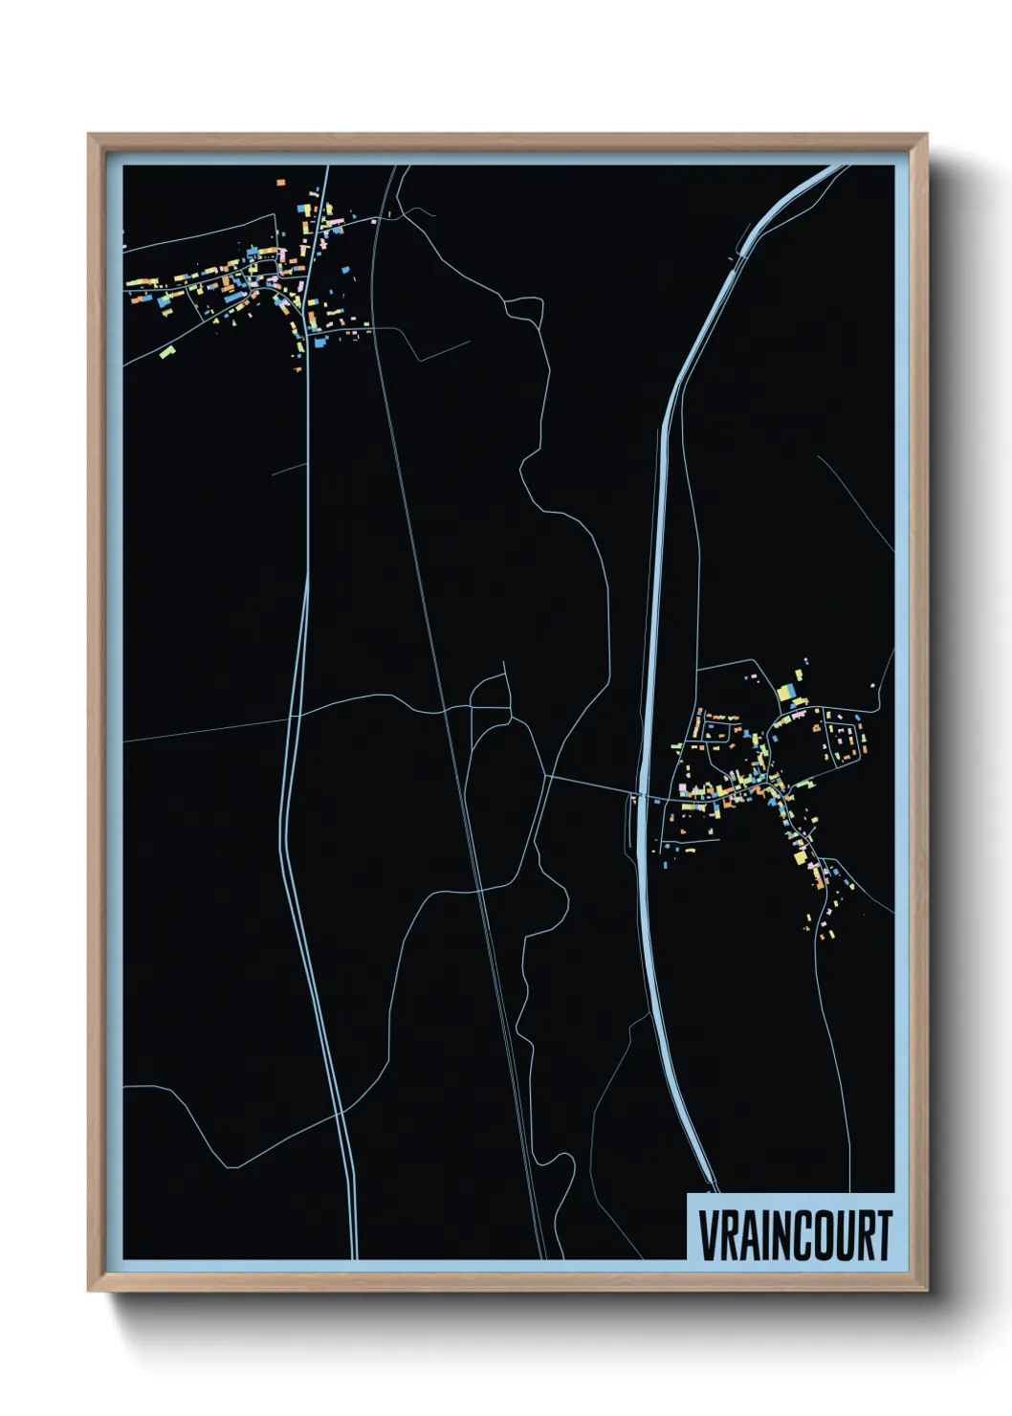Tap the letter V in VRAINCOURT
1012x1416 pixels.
pos(709,1235)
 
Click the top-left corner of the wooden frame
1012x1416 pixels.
pos(89,135)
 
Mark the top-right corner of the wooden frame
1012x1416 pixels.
pos(926,135)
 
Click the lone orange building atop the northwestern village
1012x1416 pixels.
pos(281,180)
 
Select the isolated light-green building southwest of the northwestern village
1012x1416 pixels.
pos(168,353)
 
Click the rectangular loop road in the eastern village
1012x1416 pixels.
pos(844,741)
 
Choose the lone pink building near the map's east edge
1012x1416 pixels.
pos(872,685)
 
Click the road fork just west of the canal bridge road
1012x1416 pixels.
pos(546,777)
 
